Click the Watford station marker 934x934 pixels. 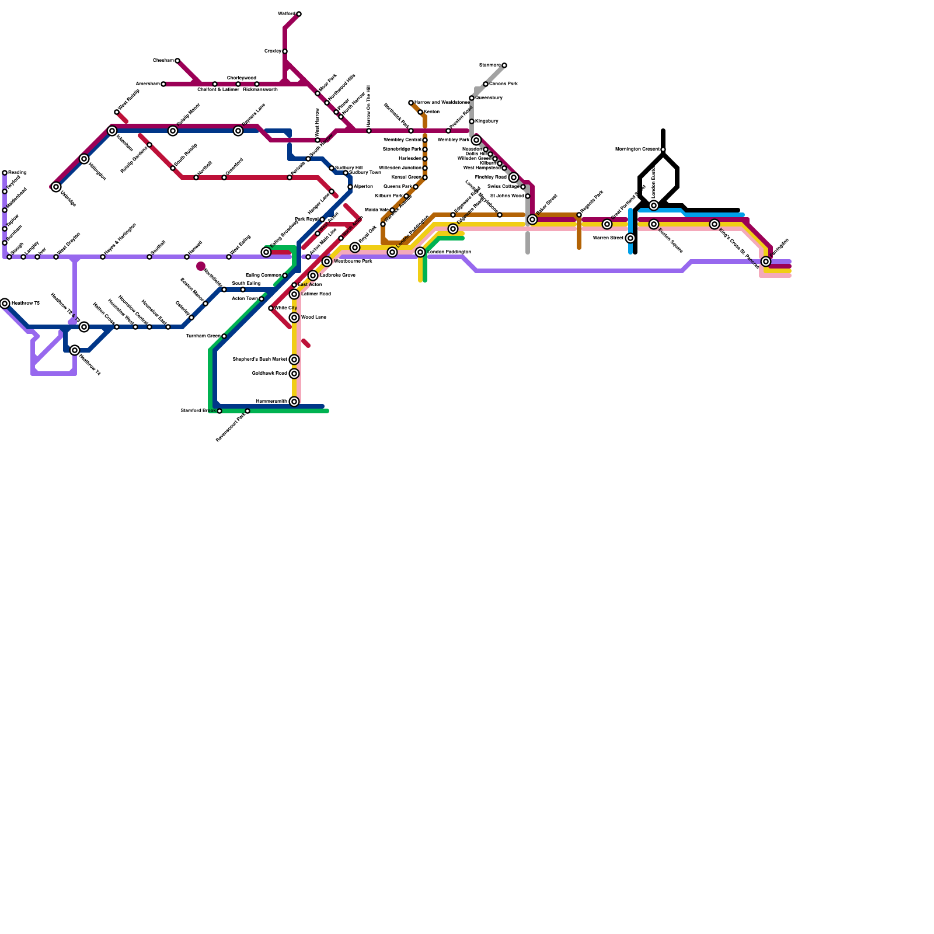click(299, 14)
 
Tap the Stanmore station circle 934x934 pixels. click(504, 65)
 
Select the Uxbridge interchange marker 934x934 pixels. click(56, 187)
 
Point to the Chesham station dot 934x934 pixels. click(177, 61)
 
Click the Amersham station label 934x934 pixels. click(148, 84)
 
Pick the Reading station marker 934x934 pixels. click(5, 173)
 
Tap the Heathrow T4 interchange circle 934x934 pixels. click(75, 350)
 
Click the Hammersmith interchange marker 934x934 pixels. click(294, 402)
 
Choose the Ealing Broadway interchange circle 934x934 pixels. click(266, 252)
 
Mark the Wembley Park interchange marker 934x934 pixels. click(476, 140)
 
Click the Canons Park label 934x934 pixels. click(503, 84)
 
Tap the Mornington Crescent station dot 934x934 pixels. click(663, 149)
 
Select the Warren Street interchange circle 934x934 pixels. click(630, 238)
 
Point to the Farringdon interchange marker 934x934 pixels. click(766, 262)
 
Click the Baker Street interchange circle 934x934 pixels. click(532, 219)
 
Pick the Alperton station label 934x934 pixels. click(363, 187)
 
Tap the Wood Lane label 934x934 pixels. click(313, 318)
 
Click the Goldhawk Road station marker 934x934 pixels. click(294, 374)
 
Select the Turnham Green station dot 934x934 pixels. click(224, 336)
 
